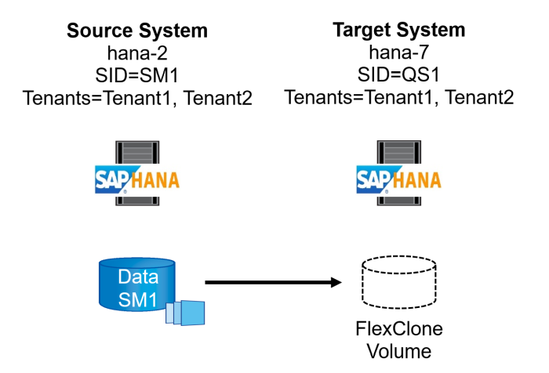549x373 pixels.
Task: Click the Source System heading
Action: tap(137, 31)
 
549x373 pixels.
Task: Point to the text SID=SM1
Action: tap(137, 76)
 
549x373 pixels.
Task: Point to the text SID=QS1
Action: tap(398, 76)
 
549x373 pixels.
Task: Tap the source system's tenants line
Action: tap(137, 99)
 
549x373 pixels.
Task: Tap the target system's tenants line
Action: tap(398, 99)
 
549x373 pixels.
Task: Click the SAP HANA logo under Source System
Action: tap(137, 179)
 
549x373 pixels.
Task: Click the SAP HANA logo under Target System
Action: tap(398, 179)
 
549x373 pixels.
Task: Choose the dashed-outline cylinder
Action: tap(398, 281)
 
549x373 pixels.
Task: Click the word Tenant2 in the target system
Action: tap(479, 99)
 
